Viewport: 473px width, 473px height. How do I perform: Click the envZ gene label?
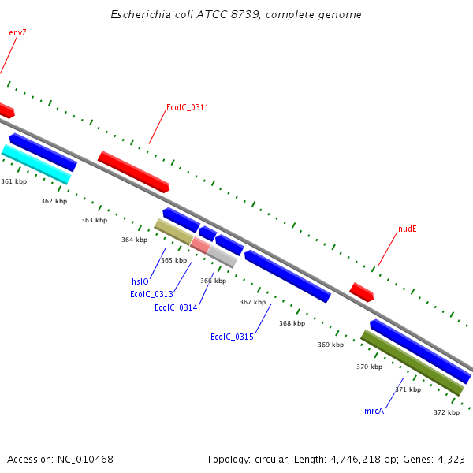[x=17, y=32]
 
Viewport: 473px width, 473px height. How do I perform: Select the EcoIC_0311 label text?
[x=188, y=107]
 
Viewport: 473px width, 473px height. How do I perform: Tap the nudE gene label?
[x=407, y=229]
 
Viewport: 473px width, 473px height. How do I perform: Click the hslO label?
[x=140, y=281]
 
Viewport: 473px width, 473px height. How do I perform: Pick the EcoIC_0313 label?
[x=151, y=295]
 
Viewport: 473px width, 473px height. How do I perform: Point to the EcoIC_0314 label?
[x=176, y=308]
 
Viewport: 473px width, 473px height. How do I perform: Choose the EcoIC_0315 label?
[x=232, y=337]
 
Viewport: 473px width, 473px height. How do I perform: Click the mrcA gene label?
[x=374, y=412]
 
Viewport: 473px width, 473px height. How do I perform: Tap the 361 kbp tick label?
[x=14, y=181]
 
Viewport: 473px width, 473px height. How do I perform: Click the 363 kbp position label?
[x=94, y=220]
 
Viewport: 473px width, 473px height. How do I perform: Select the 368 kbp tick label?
[x=292, y=323]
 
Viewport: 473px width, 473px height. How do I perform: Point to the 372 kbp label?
[x=446, y=412]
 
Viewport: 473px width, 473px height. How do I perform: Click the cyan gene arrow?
[x=36, y=164]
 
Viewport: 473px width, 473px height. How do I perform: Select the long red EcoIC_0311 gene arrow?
[x=133, y=172]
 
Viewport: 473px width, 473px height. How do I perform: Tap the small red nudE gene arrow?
[x=361, y=292]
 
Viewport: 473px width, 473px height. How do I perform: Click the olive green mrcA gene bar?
[x=412, y=363]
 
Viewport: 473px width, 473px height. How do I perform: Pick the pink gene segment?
[x=200, y=245]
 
